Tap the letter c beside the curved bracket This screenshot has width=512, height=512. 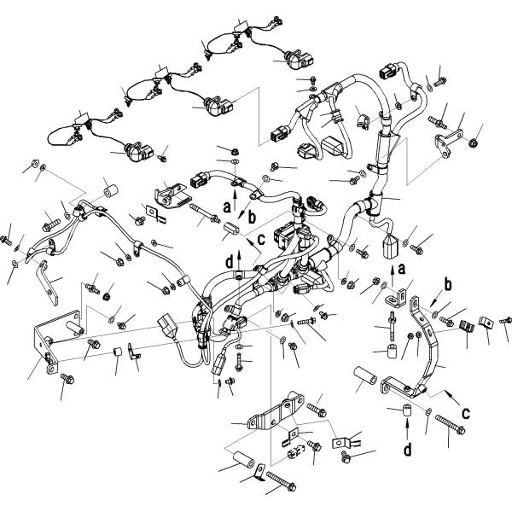[465, 412]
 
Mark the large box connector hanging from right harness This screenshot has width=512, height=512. [388, 247]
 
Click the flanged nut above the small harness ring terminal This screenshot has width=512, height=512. [233, 152]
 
